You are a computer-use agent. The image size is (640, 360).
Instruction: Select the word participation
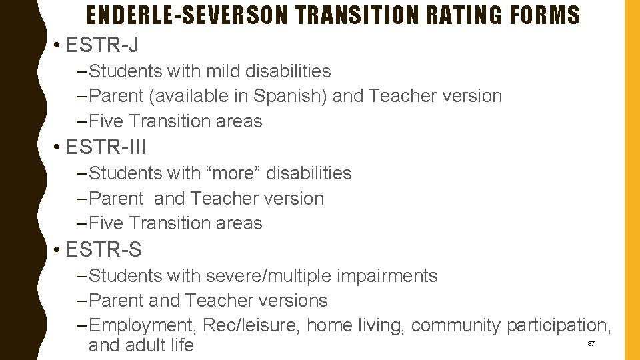click(x=557, y=326)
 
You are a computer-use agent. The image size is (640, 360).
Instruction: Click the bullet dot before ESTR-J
click(x=59, y=46)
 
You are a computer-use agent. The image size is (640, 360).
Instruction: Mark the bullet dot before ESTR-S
click(x=59, y=250)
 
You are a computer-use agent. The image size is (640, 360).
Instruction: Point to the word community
click(x=455, y=326)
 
